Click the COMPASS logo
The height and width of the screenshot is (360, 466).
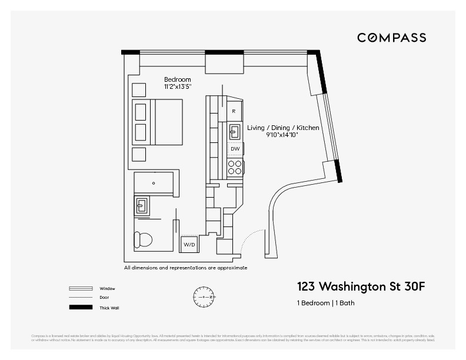pos(391,38)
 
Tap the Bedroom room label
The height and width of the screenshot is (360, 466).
pos(177,79)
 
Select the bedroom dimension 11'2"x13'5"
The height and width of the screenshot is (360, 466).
pos(177,87)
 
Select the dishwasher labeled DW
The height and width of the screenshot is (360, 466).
pos(235,149)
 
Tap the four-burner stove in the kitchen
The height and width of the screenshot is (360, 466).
pos(235,168)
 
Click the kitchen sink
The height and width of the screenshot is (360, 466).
pos(234,130)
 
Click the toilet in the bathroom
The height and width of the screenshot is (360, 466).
pos(144,240)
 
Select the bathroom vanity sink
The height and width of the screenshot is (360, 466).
pos(142,205)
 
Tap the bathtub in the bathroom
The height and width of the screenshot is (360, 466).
pos(154,183)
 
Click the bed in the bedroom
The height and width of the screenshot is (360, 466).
pos(158,122)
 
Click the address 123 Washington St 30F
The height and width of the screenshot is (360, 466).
pos(360,287)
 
